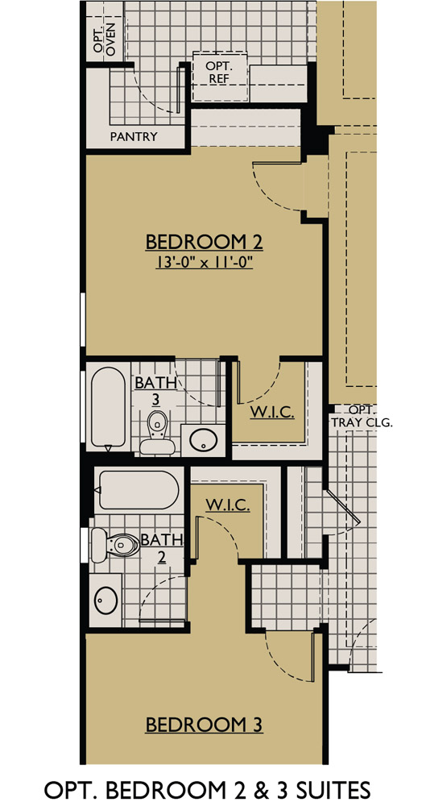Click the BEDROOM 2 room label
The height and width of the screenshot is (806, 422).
tap(205, 241)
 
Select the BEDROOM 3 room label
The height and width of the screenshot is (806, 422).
tap(205, 725)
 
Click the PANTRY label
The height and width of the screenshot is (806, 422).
tap(134, 136)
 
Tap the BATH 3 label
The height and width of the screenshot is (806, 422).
tap(156, 390)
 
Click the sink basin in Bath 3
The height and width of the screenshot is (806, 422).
tap(202, 439)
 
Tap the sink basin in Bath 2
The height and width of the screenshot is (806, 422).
tap(105, 599)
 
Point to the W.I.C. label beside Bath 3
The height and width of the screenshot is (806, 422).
tap(271, 413)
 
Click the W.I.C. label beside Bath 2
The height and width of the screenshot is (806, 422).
tap(227, 505)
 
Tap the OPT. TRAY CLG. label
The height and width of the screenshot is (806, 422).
tap(362, 416)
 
